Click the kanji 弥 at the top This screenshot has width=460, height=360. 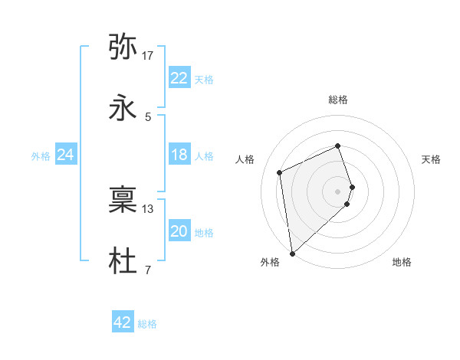(x=123, y=47)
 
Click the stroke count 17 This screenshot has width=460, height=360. (x=148, y=55)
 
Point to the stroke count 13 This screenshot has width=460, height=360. (x=148, y=208)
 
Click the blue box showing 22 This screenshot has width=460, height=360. (x=179, y=78)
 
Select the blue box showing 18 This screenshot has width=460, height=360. (x=179, y=155)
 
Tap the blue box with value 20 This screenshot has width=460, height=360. (x=179, y=231)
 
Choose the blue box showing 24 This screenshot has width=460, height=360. (x=65, y=155)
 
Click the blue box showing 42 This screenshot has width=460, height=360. (x=123, y=322)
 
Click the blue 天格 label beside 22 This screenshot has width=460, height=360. (x=203, y=79)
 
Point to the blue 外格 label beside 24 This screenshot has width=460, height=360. (x=41, y=155)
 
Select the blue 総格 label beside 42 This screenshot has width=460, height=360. (x=147, y=323)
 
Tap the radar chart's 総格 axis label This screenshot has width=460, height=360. (x=338, y=100)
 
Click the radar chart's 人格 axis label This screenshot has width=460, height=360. (x=245, y=159)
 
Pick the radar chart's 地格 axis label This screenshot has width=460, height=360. (x=402, y=262)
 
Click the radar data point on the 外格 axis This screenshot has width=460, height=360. (x=291, y=253)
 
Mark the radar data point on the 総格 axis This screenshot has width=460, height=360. (x=338, y=146)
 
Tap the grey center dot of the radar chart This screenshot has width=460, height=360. (x=338, y=191)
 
